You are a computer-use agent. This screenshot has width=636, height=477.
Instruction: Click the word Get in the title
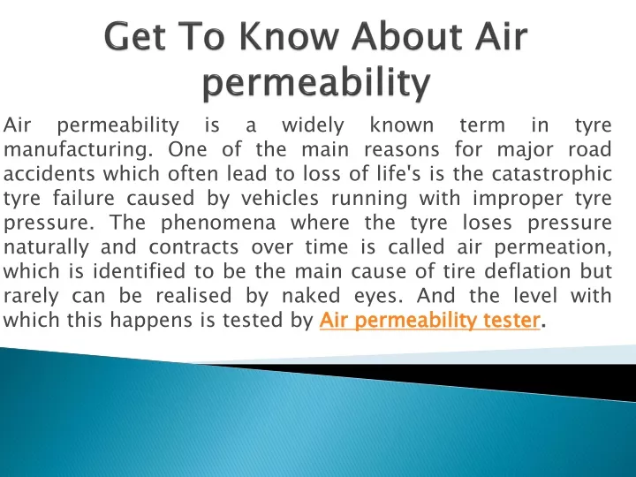(x=134, y=36)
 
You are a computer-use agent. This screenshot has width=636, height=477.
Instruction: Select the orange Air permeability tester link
(x=430, y=320)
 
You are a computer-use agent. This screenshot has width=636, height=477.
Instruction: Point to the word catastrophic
(x=551, y=174)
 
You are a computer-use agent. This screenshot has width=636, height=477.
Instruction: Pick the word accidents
(x=49, y=174)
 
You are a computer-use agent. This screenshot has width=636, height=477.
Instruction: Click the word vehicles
(x=280, y=199)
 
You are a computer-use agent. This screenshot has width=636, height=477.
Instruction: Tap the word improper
(x=518, y=199)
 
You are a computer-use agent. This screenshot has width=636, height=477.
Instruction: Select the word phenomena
(x=218, y=223)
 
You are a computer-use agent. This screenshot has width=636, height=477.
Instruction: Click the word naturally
(x=46, y=247)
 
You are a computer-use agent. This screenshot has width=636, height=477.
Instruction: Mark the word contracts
(x=193, y=248)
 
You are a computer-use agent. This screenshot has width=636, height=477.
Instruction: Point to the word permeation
(x=553, y=247)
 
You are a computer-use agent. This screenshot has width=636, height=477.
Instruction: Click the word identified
(x=140, y=271)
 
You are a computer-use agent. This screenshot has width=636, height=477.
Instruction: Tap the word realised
(x=193, y=296)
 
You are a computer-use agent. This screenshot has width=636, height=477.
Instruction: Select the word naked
(x=311, y=296)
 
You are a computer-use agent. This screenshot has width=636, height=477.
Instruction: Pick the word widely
(x=313, y=125)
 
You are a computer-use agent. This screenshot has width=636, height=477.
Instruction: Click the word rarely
(x=31, y=296)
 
